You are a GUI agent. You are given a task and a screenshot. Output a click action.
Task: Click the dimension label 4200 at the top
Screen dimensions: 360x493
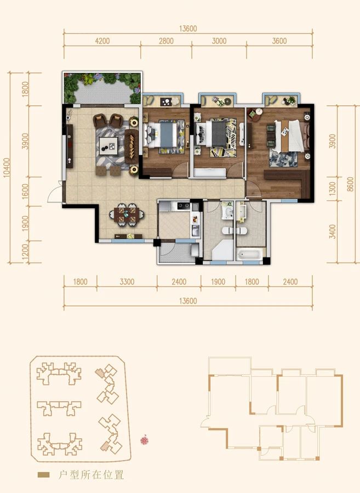pyautogui.click(x=102, y=41)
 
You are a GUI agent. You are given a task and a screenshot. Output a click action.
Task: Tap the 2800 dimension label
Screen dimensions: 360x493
pyautogui.click(x=166, y=41)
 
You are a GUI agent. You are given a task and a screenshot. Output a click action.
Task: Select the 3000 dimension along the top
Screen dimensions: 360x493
pyautogui.click(x=219, y=41)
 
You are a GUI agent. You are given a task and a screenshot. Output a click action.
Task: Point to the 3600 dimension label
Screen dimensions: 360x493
pyautogui.click(x=279, y=41)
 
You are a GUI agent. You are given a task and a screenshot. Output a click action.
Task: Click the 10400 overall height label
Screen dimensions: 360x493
pyautogui.click(x=7, y=168)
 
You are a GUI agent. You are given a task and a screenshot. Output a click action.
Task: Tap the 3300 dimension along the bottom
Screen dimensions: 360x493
pyautogui.click(x=127, y=282)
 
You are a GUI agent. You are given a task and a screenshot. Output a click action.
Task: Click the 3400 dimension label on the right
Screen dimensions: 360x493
pyautogui.click(x=333, y=231)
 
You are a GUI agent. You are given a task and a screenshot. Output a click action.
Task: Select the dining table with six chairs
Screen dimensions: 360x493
pyautogui.click(x=127, y=214)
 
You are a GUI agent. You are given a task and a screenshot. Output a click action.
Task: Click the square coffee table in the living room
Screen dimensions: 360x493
pyautogui.click(x=108, y=146)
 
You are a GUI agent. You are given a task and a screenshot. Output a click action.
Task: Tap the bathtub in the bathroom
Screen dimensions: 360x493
pyautogui.click(x=249, y=254)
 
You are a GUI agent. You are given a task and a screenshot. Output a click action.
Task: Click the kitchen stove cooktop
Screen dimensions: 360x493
pyautogui.click(x=184, y=206)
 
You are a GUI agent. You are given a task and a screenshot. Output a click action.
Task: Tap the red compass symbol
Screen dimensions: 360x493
pyautogui.click(x=144, y=439)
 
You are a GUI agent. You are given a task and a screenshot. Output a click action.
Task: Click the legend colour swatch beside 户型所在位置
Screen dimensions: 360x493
pyautogui.click(x=43, y=475)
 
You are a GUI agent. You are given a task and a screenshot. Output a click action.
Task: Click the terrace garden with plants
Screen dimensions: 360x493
pyautogui.click(x=102, y=88)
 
